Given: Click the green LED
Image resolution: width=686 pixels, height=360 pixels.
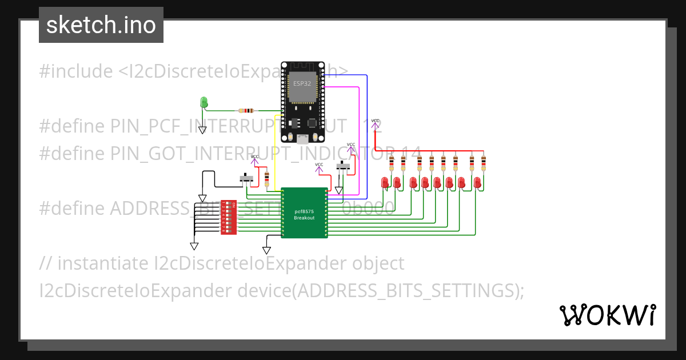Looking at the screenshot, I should [x=204, y=102].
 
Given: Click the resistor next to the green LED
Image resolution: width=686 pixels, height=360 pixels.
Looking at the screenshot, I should [x=247, y=110].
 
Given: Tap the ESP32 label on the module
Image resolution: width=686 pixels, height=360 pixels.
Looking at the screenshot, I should [x=302, y=83].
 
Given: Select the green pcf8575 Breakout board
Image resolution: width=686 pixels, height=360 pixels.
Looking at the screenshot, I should [x=304, y=213].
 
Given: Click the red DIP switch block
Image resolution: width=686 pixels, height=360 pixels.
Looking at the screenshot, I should [x=229, y=218].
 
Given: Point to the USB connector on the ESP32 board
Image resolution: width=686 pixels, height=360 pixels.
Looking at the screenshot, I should [x=302, y=139].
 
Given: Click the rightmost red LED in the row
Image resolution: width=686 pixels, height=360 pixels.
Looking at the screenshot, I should [x=478, y=182].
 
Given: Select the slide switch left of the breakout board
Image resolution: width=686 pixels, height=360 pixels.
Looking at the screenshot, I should [x=247, y=179].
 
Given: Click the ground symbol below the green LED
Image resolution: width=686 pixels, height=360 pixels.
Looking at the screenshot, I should [x=202, y=130].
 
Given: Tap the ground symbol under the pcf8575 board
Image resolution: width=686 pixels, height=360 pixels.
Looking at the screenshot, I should [x=266, y=250].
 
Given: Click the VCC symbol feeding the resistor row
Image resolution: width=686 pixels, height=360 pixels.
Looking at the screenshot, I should [x=375, y=123].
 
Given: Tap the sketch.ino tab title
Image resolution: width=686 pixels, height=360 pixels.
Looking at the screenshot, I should [x=101, y=25].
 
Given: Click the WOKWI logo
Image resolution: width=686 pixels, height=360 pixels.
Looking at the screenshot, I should [x=607, y=315].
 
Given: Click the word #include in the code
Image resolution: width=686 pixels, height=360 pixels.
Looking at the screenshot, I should [x=76, y=71].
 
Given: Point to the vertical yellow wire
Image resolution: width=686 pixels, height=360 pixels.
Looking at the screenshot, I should [x=276, y=154].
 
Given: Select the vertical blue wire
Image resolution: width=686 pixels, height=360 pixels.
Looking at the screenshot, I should [x=366, y=137].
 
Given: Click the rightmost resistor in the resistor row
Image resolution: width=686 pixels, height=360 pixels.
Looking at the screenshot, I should [x=484, y=163].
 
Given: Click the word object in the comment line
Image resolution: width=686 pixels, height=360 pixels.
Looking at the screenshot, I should [x=377, y=263].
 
